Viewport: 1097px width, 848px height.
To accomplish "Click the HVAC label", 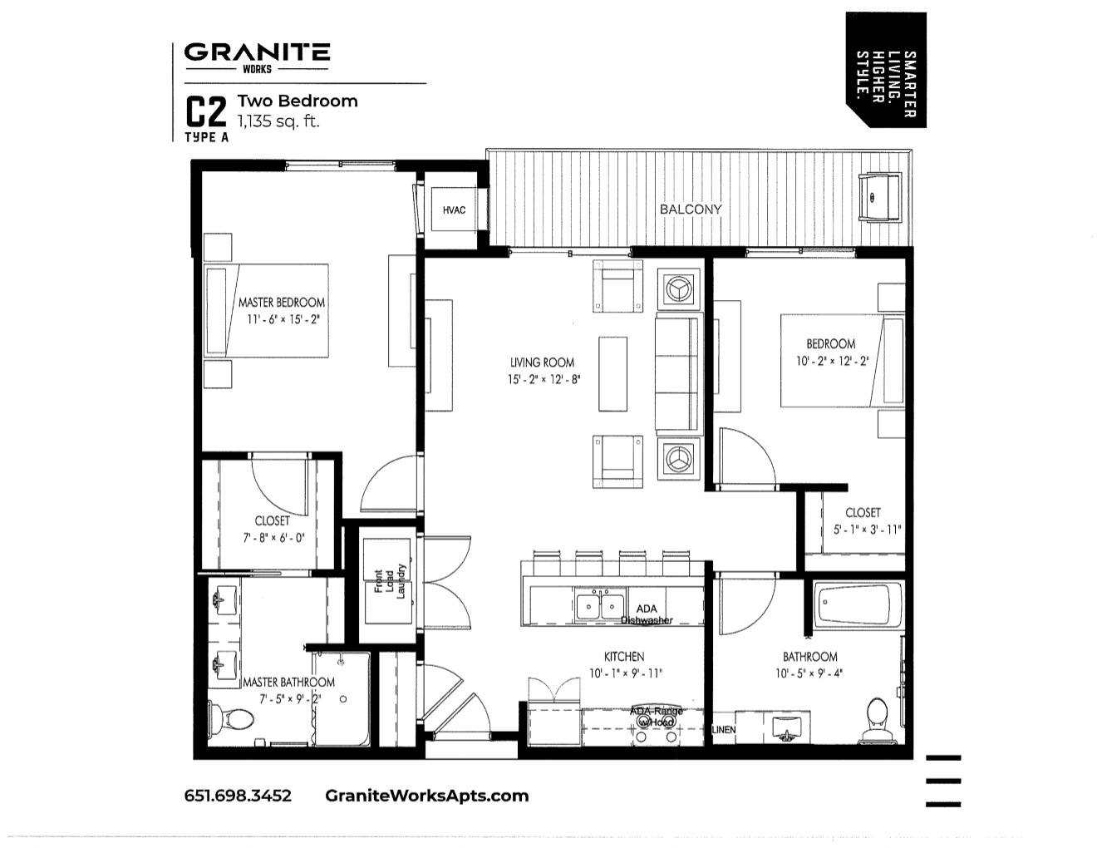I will click(454, 210).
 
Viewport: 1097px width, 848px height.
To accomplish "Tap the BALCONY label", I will click(691, 210).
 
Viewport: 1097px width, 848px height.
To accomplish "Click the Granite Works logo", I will click(257, 57).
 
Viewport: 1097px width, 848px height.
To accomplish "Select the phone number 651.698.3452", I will click(238, 796).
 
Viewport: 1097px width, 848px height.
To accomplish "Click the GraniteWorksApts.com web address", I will click(427, 796).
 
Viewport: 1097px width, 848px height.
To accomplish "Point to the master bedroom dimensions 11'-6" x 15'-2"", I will click(283, 319).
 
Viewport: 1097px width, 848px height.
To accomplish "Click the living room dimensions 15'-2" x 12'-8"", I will click(544, 380).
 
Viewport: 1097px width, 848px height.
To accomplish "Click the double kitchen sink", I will click(601, 606).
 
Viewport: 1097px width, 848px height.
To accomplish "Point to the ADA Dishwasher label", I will click(647, 614).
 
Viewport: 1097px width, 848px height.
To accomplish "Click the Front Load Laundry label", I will click(389, 581).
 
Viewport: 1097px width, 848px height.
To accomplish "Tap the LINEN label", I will click(724, 730).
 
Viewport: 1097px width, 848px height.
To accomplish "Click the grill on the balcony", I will click(878, 198).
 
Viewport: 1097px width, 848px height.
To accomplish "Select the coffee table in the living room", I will click(612, 373).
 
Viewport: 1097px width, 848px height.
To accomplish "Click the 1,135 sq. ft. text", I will click(278, 121).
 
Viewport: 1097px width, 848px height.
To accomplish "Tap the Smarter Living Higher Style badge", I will click(886, 70).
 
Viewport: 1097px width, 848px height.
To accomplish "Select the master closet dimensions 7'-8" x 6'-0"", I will click(273, 538).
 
